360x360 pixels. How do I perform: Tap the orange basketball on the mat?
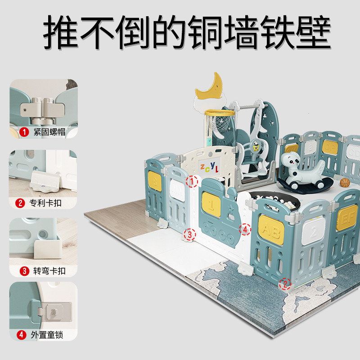coord(344,182)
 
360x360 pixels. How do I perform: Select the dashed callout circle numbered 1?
coord(192,181)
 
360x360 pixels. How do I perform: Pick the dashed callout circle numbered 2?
coord(284,284)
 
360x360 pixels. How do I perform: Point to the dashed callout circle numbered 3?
coord(189,234)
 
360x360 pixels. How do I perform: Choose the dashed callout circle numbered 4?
coord(244,229)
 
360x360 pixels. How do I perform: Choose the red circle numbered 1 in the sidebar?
coord(24,132)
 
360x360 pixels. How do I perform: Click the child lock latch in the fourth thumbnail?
coord(54,310)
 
